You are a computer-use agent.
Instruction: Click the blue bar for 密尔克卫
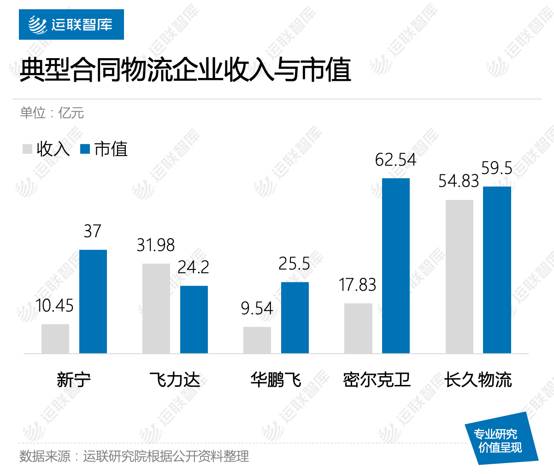[396, 266]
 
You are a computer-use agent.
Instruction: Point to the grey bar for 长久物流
[460, 276]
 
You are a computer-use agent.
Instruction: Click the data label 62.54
[395, 160]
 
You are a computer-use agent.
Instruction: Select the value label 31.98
[156, 245]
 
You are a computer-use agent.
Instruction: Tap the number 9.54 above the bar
[257, 308]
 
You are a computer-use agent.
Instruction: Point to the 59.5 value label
[497, 168]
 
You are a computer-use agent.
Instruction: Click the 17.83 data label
[358, 285]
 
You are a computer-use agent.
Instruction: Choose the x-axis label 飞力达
[175, 380]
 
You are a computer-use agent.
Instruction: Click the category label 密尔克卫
[377, 380]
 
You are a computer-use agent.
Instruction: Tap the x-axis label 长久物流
[478, 380]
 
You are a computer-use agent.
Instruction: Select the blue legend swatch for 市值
[85, 149]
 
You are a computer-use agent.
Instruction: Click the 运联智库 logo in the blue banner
[71, 24]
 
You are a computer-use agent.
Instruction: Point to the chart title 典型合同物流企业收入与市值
[185, 70]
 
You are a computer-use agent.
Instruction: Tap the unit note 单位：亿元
[52, 113]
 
